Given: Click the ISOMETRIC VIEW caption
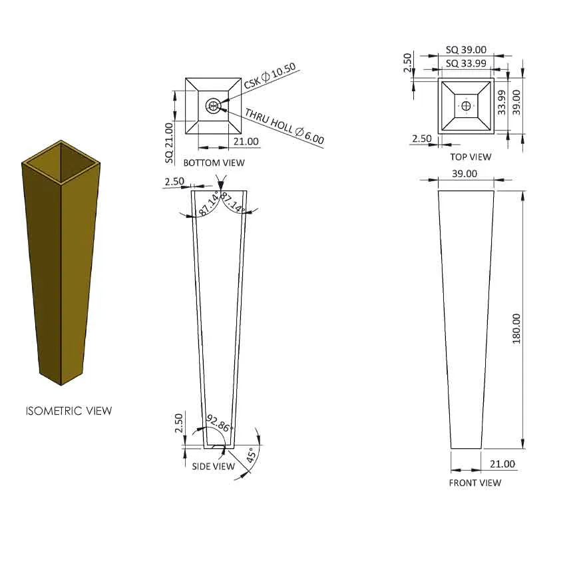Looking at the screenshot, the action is tap(69, 411).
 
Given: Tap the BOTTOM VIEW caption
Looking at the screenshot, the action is tap(214, 162).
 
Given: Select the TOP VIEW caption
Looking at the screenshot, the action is tap(471, 157).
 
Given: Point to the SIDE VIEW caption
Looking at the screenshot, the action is tap(214, 466).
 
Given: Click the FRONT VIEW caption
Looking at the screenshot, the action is tap(475, 483).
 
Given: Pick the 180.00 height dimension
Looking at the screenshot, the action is tap(516, 329).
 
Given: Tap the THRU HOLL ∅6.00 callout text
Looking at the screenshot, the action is tap(285, 127).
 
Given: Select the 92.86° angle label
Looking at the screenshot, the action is tap(220, 424).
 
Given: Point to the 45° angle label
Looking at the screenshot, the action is tap(251, 455).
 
